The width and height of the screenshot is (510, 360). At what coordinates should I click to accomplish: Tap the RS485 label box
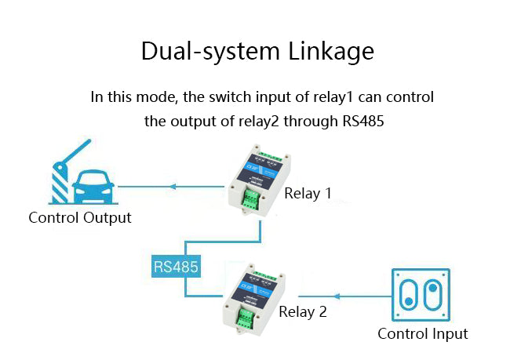pyautogui.click(x=176, y=267)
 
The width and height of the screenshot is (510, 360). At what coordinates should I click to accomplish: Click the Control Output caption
pyautogui.click(x=80, y=217)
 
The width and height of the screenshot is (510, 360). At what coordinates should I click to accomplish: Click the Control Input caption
pyautogui.click(x=422, y=333)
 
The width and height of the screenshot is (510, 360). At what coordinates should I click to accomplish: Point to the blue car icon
pyautogui.click(x=93, y=187)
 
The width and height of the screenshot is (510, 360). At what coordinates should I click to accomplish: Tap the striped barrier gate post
pyautogui.click(x=59, y=184)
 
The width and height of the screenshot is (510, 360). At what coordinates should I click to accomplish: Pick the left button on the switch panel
pyautogui.click(x=407, y=297)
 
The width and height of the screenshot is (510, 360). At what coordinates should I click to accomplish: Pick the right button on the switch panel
pyautogui.click(x=432, y=297)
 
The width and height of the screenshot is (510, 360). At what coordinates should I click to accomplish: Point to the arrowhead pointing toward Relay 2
pyautogui.click(x=337, y=297)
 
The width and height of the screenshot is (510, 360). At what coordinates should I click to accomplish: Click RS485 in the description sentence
pyautogui.click(x=362, y=122)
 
